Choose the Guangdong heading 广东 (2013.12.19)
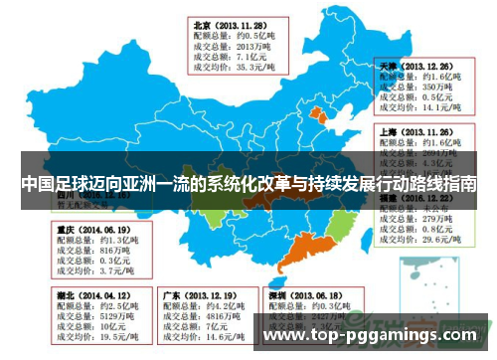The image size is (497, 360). click(x=200, y=295)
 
